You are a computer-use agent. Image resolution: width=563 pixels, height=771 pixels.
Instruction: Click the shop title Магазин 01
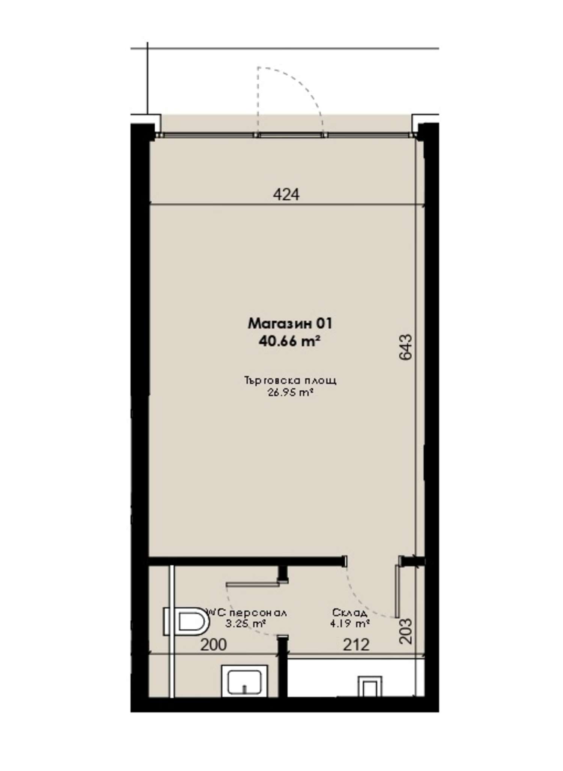[x=290, y=323]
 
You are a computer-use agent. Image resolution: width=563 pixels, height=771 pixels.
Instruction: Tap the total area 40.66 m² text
[x=289, y=341]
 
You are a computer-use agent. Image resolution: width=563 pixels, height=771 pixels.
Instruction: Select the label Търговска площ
[x=290, y=381]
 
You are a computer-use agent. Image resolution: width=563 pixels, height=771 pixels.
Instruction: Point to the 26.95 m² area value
[x=290, y=393]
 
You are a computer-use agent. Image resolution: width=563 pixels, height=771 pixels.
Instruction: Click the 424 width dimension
[x=286, y=194]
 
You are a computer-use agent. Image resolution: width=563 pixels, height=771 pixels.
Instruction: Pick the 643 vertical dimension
[x=405, y=347]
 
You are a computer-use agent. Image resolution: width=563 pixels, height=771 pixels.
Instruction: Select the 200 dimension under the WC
[x=213, y=645]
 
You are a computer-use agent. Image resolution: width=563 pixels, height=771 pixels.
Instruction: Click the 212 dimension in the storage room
[x=356, y=645]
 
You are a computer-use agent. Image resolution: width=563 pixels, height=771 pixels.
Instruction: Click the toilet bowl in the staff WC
[x=187, y=622]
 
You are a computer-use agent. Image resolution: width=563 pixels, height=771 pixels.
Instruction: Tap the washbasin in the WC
[x=244, y=681]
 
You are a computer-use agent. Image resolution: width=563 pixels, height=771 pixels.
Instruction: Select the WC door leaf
[x=252, y=584]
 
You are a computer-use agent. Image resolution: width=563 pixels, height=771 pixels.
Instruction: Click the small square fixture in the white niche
[x=370, y=687]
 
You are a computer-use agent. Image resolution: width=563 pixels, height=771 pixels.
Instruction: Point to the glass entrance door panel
[x=290, y=135]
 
